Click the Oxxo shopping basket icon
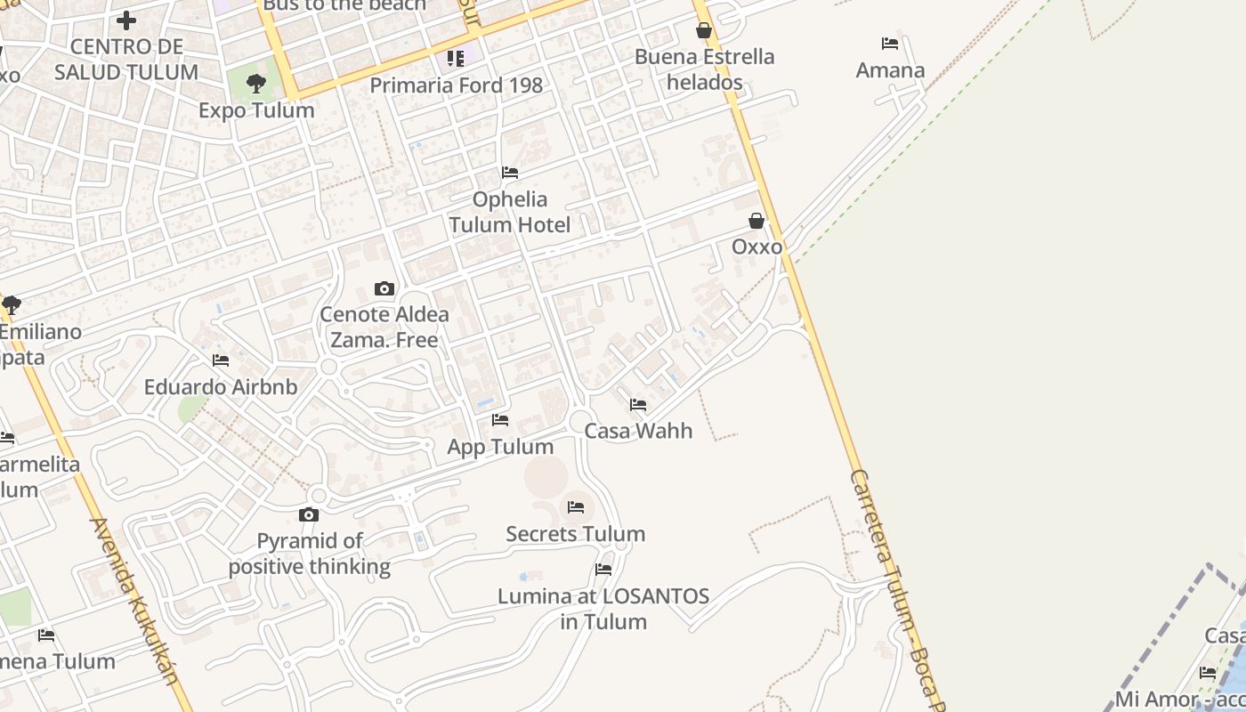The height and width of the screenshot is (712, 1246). (756, 221)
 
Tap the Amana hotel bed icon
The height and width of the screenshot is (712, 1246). (889, 44)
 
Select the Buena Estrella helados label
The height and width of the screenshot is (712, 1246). (704, 69)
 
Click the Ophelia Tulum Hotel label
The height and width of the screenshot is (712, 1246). (510, 212)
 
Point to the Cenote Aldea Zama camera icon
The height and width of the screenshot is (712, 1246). (384, 288)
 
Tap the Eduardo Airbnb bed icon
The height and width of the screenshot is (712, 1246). (221, 360)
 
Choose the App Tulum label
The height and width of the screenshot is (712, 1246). (500, 446)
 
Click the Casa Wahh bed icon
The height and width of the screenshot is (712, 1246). (638, 405)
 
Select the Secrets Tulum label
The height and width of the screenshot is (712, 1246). (575, 534)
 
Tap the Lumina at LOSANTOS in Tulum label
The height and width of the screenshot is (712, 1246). (603, 608)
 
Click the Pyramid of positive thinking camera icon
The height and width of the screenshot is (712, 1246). (309, 514)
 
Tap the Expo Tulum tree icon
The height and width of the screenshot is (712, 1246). (256, 85)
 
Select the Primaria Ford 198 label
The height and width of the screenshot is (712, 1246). (456, 85)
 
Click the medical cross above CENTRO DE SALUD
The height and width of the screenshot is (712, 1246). (126, 20)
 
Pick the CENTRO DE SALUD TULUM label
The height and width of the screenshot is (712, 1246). (126, 59)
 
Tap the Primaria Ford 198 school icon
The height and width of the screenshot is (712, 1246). (456, 59)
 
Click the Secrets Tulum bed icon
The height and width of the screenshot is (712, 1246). (576, 507)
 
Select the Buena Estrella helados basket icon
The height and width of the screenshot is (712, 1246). (704, 30)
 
